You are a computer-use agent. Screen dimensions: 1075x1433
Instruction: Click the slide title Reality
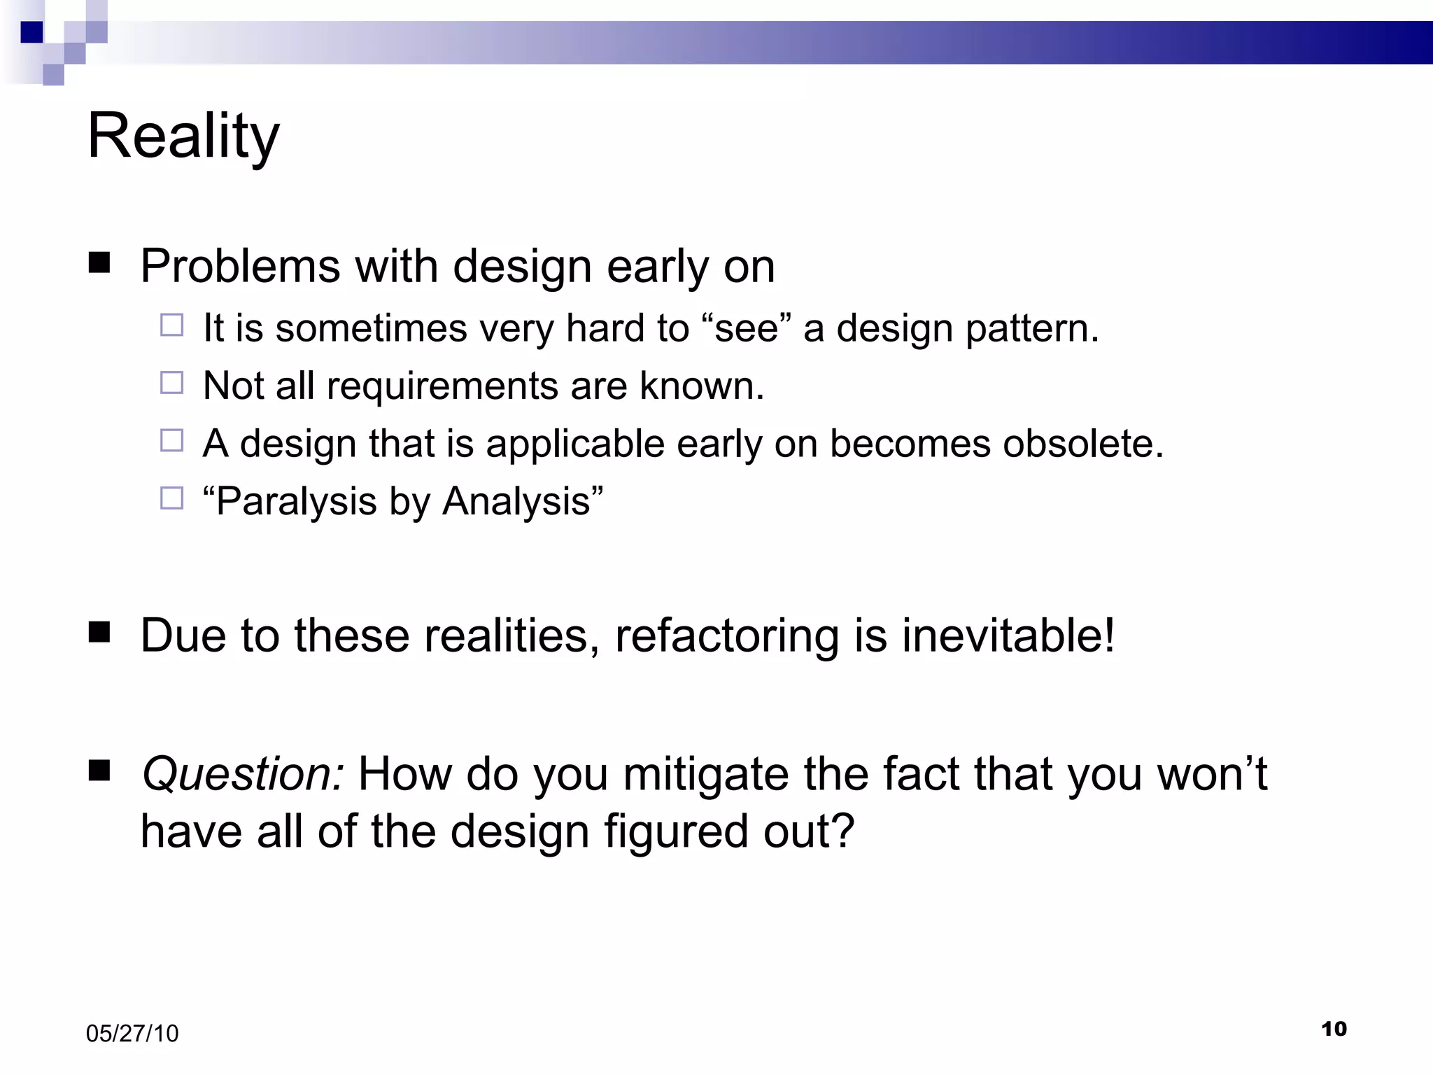pyautogui.click(x=183, y=136)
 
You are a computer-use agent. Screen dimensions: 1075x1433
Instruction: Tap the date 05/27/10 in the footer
pyautogui.click(x=132, y=1034)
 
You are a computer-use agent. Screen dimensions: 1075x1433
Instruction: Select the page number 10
pyautogui.click(x=1334, y=1029)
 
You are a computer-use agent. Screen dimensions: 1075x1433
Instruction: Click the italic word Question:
pyautogui.click(x=242, y=775)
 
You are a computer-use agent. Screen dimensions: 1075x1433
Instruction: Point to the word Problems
pyautogui.click(x=240, y=267)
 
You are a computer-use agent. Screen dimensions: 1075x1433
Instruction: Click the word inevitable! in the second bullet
pyautogui.click(x=1008, y=635)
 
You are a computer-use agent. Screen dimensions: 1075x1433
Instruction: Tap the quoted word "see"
pyautogui.click(x=746, y=328)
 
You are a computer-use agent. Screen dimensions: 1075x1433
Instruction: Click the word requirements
pyautogui.click(x=442, y=386)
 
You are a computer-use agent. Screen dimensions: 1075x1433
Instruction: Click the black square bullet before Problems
pyautogui.click(x=99, y=263)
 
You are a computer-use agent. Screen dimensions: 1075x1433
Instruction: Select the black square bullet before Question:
pyautogui.click(x=99, y=771)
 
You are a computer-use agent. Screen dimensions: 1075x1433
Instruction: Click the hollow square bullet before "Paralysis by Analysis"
pyautogui.click(x=171, y=498)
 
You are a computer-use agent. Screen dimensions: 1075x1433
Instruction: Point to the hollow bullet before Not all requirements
pyautogui.click(x=171, y=383)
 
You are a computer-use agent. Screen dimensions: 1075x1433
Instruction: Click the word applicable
pyautogui.click(x=575, y=444)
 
